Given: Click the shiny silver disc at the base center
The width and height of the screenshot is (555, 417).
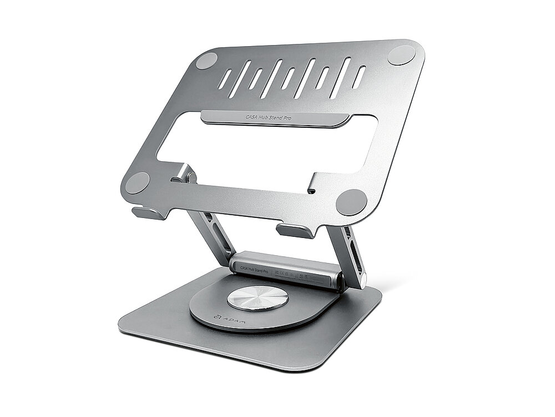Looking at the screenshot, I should pyautogui.click(x=258, y=298).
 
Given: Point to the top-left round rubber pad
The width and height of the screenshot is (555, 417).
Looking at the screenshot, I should pyautogui.click(x=206, y=61).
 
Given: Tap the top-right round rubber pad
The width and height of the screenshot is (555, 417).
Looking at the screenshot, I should pyautogui.click(x=401, y=54).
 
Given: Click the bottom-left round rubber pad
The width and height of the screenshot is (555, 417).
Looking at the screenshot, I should pyautogui.click(x=137, y=182).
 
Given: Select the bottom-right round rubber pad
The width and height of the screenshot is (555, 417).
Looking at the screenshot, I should pyautogui.click(x=351, y=201).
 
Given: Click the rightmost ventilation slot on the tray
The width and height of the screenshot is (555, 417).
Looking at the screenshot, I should pyautogui.click(x=359, y=77).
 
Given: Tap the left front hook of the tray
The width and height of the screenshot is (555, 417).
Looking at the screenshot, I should pyautogui.click(x=149, y=212).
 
